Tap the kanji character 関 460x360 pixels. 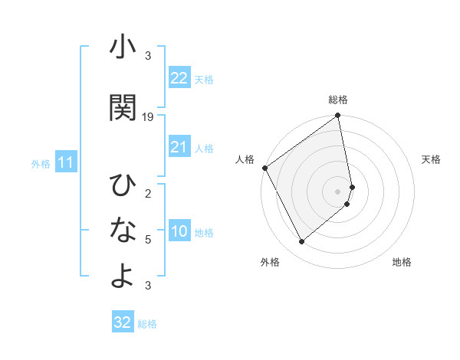tap(123, 107)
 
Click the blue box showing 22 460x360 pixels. tap(179, 77)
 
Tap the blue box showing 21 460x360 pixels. tap(179, 147)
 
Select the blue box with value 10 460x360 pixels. tap(179, 232)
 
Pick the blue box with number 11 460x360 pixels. tap(65, 162)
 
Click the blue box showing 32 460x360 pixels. tap(123, 322)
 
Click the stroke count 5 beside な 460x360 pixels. tap(148, 240)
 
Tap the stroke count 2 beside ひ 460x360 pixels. tap(148, 193)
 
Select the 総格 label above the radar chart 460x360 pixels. tap(338, 100)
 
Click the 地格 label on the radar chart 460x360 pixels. tap(402, 263)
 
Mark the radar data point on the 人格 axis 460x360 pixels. tap(264, 168)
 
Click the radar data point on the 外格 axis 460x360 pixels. tap(301, 242)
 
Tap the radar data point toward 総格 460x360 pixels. tap(338, 116)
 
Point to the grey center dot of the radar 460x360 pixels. tap(338, 191)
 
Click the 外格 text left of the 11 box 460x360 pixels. tap(41, 163)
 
